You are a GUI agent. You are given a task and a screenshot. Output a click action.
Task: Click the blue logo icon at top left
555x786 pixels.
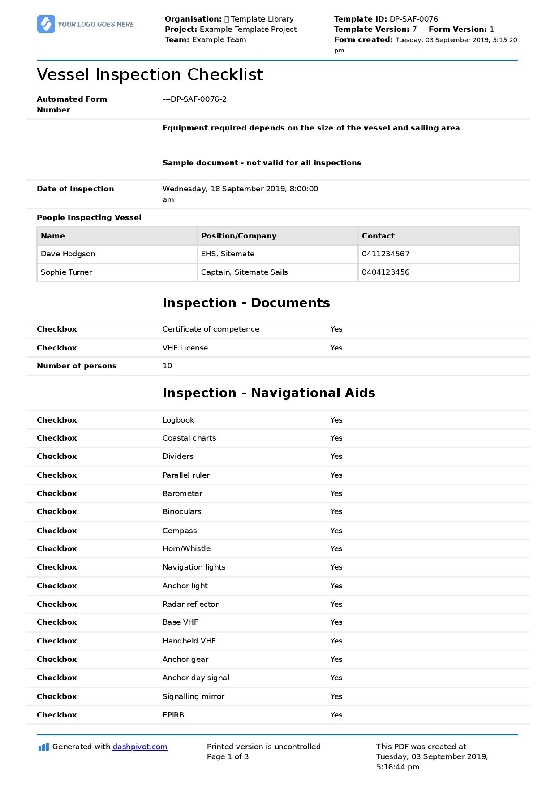[x=46, y=24]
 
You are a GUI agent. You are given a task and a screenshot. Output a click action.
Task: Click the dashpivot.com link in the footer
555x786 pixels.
[x=140, y=747]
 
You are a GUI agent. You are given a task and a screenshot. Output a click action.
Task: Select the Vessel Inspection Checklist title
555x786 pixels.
[x=150, y=74]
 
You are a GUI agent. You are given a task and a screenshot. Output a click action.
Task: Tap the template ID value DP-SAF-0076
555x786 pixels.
[x=413, y=19]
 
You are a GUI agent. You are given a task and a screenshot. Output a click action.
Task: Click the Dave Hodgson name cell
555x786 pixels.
[x=68, y=254]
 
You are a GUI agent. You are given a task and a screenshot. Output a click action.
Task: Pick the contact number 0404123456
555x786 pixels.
[x=385, y=272]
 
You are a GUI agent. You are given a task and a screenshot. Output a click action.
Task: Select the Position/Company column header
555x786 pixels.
[x=238, y=236]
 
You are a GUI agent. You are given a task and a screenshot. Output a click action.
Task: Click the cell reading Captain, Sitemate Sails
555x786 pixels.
[x=244, y=272]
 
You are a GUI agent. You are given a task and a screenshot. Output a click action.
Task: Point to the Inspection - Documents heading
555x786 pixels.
[x=246, y=303]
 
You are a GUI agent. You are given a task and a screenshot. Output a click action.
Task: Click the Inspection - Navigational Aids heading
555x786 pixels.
[x=269, y=393]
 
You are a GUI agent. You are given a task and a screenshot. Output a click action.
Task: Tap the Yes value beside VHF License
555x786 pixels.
[x=336, y=348]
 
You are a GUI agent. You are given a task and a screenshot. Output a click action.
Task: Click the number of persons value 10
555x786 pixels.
[x=167, y=366]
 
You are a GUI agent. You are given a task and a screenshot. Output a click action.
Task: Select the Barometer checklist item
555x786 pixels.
[x=182, y=493]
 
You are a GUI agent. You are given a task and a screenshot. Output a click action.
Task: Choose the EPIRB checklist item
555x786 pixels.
[x=173, y=715]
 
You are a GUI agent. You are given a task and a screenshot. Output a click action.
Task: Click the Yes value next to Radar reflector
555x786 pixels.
[x=336, y=604]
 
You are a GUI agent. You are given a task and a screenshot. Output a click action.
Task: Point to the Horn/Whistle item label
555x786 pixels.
[x=186, y=548]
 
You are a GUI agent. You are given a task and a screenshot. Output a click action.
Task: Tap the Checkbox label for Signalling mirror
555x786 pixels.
[x=56, y=696]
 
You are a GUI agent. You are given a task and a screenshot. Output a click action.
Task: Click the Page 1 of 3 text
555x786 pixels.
[x=228, y=756]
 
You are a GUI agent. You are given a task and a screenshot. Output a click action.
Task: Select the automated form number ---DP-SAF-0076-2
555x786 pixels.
[x=194, y=99]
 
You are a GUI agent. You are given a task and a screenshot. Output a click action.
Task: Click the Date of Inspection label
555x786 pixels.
[x=75, y=189]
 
